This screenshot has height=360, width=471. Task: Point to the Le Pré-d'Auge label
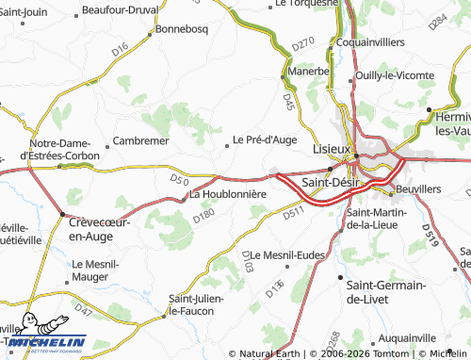point(265,140)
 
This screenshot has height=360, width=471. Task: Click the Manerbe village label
point(308,71)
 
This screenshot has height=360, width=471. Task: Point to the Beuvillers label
point(420,189)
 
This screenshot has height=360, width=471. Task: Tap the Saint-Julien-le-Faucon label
point(195,304)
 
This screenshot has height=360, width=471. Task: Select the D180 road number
point(204,217)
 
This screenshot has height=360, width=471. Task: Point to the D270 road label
point(301,42)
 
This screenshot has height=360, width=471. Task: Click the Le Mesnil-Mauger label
point(98,271)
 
